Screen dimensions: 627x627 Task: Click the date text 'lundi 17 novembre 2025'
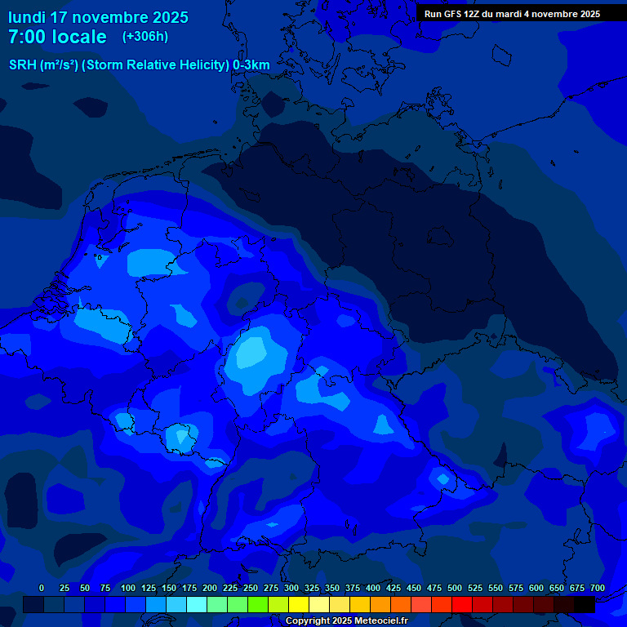98,17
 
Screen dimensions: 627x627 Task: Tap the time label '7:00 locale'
57,38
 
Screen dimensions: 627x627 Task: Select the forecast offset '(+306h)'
145,37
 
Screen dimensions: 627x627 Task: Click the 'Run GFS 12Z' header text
455,14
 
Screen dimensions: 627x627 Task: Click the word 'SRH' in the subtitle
22,65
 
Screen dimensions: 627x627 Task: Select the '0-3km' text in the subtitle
251,65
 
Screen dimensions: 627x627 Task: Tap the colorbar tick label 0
42,588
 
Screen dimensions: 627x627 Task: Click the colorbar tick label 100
128,588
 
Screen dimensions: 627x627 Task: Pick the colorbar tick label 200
210,588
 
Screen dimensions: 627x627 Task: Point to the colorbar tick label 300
291,588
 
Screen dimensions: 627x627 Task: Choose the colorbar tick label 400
373,588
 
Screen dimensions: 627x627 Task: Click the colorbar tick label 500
455,588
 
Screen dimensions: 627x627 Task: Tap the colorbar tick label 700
598,588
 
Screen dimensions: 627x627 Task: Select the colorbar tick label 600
536,588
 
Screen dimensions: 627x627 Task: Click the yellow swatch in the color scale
299,605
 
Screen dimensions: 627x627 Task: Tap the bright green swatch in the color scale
258,605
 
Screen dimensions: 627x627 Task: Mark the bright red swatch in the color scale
462,605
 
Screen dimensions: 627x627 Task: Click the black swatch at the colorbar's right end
585,605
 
